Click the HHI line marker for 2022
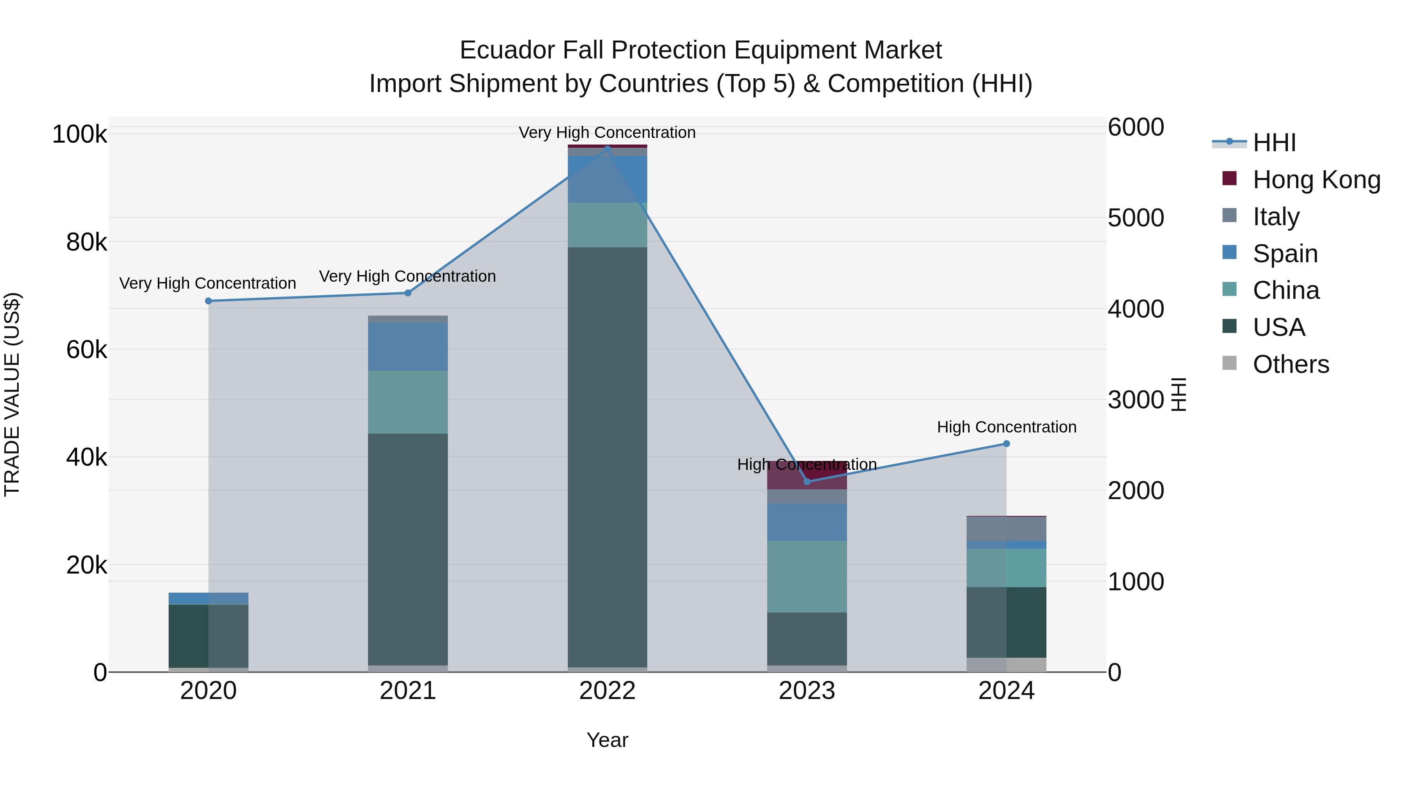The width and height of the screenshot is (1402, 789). pos(608,149)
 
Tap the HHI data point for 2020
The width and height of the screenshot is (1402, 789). pos(208,301)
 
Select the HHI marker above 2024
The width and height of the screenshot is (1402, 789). pos(1006,444)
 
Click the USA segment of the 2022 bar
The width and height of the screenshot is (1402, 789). pos(608,457)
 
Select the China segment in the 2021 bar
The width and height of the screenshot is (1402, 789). pos(408,402)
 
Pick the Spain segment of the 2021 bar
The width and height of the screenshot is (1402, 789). pos(408,346)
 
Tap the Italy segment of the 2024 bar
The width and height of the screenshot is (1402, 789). pos(1006,528)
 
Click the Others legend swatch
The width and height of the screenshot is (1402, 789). pos(1229,363)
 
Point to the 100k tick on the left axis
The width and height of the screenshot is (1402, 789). pos(79,134)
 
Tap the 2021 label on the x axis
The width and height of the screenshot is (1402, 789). pos(408,691)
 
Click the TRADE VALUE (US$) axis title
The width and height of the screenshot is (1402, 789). pos(12,394)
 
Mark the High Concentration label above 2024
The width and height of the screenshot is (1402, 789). pos(1006,427)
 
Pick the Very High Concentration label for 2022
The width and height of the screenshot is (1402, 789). pos(608,132)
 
